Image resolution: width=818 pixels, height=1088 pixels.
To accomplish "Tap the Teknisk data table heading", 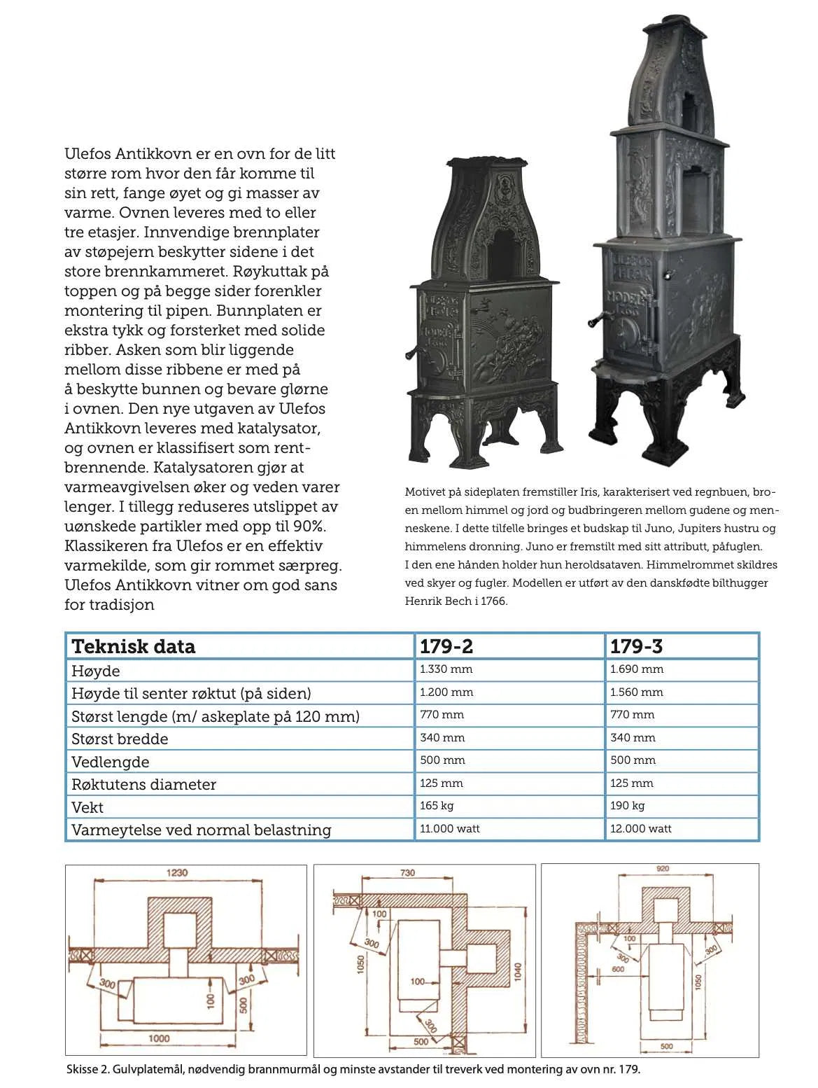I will pyautogui.click(x=134, y=646).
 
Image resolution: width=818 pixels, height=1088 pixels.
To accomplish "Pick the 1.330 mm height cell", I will pyautogui.click(x=446, y=669).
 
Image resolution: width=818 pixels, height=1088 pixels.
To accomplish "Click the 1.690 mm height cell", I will pyautogui.click(x=636, y=669).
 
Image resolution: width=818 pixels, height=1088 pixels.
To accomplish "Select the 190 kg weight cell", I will pyautogui.click(x=627, y=806).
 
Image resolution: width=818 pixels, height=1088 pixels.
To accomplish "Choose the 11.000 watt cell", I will pyautogui.click(x=449, y=829).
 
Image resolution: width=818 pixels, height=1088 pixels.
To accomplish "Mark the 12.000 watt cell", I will pyautogui.click(x=640, y=829).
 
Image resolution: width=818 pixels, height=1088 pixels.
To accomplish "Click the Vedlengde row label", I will pyautogui.click(x=110, y=762).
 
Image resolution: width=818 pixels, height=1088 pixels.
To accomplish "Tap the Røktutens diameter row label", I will pyautogui.click(x=143, y=785).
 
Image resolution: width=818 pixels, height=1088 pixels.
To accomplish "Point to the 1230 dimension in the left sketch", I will pyautogui.click(x=176, y=873).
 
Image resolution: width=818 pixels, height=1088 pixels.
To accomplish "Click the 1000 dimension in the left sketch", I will pyautogui.click(x=159, y=1038).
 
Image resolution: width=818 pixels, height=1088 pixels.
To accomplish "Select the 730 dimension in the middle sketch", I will pyautogui.click(x=407, y=873).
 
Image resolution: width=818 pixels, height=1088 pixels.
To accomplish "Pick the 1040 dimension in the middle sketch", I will pyautogui.click(x=518, y=972).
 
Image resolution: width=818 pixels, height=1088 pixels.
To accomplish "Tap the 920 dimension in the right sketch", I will pyautogui.click(x=662, y=869).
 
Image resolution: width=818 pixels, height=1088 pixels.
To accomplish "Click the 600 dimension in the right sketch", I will pyautogui.click(x=618, y=970).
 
